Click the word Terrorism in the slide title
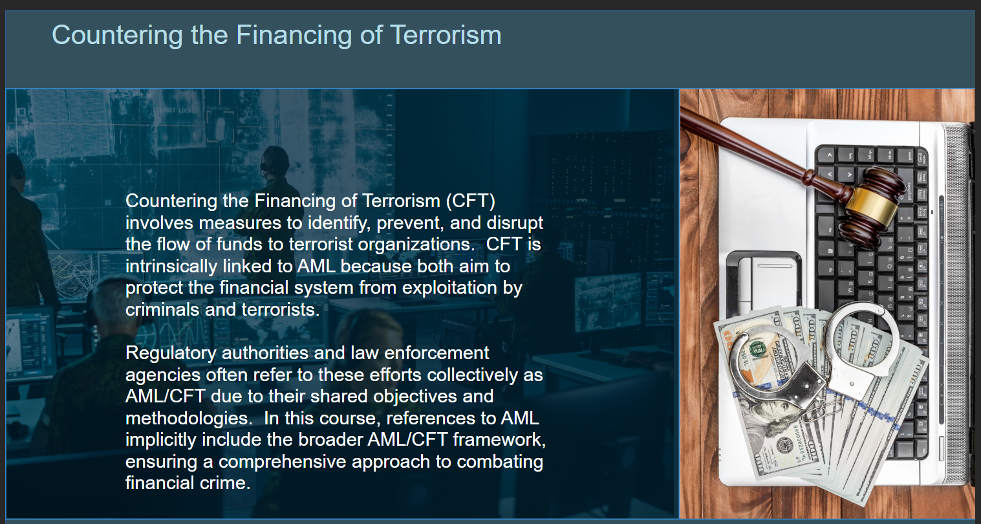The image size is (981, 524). [x=446, y=35]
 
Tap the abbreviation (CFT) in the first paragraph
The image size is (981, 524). [x=471, y=201]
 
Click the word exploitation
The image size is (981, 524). [x=449, y=288]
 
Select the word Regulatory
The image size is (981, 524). [x=171, y=353]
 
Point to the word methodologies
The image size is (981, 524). [x=189, y=419]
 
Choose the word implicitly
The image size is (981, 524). [x=161, y=440]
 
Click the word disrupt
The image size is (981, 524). [x=515, y=223]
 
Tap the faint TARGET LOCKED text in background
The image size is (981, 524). [x=177, y=111]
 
